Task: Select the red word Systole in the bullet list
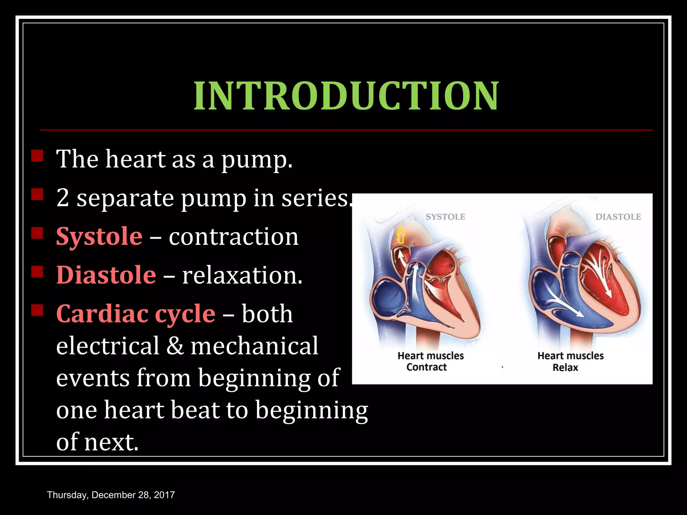(x=99, y=237)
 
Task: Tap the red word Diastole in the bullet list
(x=106, y=275)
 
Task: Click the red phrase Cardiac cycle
(x=136, y=314)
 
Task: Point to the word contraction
(x=233, y=237)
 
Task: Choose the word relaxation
(x=242, y=275)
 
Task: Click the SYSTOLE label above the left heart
(x=445, y=217)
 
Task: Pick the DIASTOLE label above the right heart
(x=618, y=217)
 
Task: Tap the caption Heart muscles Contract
(x=430, y=361)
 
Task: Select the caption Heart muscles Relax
(x=570, y=361)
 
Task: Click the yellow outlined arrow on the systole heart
(x=401, y=235)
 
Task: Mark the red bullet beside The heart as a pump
(x=37, y=156)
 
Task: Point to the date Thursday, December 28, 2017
(x=111, y=495)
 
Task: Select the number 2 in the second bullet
(x=63, y=198)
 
